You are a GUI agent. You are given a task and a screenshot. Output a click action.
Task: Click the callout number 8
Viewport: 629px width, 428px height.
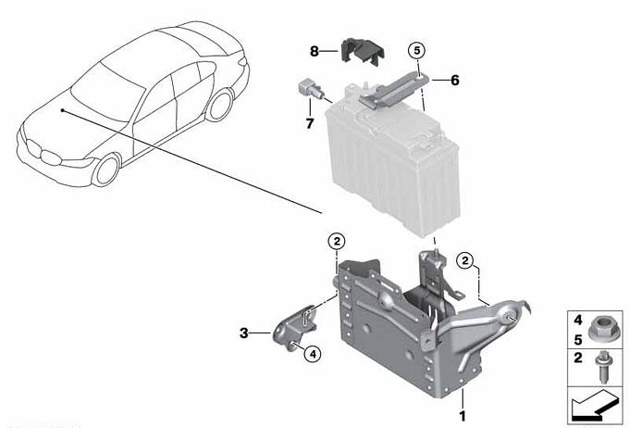click(x=314, y=50)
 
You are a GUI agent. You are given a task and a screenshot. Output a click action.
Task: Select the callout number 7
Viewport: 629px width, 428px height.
click(x=310, y=121)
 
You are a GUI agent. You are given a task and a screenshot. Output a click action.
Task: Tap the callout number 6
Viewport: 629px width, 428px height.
click(x=454, y=80)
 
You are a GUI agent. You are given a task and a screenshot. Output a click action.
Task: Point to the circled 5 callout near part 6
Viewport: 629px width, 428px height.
click(x=416, y=49)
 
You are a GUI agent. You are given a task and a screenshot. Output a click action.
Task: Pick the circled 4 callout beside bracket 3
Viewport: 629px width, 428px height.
click(x=312, y=353)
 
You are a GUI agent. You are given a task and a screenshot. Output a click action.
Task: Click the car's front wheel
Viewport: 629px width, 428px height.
click(x=107, y=170)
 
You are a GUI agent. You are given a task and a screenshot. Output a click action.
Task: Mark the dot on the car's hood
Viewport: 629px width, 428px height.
click(x=62, y=109)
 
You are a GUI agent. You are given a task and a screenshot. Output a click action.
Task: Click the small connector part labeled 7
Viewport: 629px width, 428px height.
click(x=309, y=91)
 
